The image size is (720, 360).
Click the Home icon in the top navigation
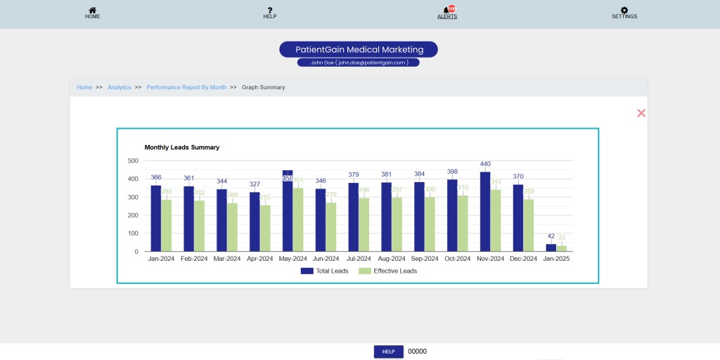[92, 11]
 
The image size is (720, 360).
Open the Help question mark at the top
[269, 11]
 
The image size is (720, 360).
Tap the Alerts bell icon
[446, 10]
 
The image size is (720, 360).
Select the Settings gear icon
[624, 11]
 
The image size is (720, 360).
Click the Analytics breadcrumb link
[120, 87]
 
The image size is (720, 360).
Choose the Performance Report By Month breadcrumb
[186, 87]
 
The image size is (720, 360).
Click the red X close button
[641, 113]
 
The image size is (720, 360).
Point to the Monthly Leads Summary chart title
[182, 148]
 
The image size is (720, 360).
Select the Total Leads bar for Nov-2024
[485, 212]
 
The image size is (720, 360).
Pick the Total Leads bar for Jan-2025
[551, 247]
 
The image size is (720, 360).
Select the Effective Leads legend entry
[387, 271]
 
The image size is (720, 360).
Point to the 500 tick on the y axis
[133, 160]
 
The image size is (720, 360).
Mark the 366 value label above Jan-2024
[156, 177]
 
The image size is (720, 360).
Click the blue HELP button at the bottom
[388, 352]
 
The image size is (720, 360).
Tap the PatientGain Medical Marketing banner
[359, 49]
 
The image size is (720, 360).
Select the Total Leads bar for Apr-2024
[255, 221]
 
